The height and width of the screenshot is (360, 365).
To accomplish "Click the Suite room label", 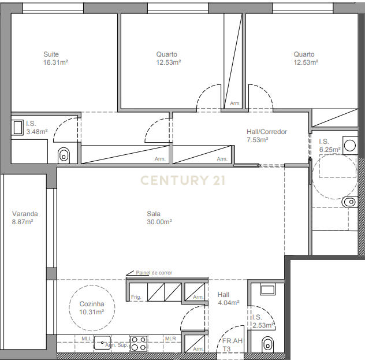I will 51,54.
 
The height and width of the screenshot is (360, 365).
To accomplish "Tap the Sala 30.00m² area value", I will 159,221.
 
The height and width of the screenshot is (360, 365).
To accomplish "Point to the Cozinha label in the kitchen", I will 91,304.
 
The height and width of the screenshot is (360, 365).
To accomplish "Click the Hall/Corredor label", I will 267,132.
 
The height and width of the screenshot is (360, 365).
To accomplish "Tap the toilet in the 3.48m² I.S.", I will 64,154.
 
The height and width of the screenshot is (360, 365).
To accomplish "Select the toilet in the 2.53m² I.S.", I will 266,345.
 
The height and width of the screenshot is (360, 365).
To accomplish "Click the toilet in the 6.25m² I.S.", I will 349,202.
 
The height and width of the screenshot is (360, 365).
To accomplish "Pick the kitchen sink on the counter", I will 103,343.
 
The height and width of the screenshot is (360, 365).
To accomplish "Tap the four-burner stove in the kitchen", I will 139,343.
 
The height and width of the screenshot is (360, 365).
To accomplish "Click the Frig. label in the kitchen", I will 136,297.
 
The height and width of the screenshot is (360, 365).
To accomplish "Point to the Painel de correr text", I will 154,273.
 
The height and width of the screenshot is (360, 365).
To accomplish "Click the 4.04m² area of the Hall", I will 228,303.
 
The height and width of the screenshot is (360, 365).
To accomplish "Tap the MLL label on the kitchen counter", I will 86,339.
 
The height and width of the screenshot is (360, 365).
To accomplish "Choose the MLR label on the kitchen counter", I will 170,339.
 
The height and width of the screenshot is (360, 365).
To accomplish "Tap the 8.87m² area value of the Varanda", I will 23,221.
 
